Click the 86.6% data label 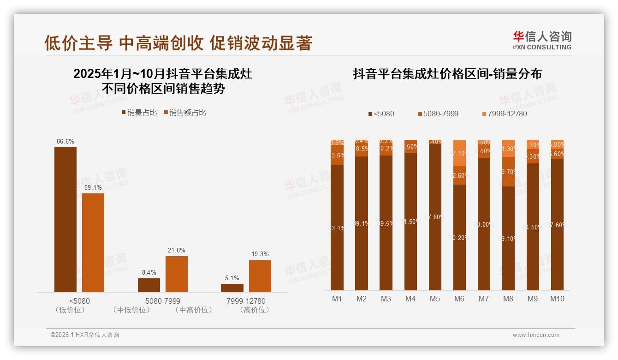[65, 141]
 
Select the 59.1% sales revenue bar [93, 242]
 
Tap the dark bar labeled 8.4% [149, 285]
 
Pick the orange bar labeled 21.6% [177, 274]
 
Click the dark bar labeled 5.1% [232, 288]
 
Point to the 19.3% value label [260, 254]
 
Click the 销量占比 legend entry [139, 113]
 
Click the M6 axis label [459, 299]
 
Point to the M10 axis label [557, 299]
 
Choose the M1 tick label [337, 299]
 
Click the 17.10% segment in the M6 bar [459, 153]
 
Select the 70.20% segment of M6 [459, 237]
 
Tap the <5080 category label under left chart [79, 301]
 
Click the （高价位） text [255, 310]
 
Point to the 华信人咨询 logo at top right [542, 40]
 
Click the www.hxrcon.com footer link [536, 335]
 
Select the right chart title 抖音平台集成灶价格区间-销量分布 [447, 74]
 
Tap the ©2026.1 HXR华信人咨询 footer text [85, 335]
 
